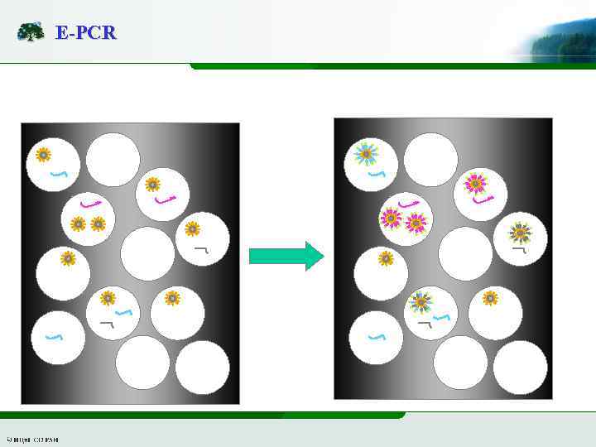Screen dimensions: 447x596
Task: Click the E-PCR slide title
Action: pos(85,33)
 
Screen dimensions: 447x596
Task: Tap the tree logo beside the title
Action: pos(31,32)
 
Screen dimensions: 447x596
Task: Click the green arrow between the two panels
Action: pos(286,256)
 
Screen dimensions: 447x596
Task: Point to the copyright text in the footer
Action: pos(32,439)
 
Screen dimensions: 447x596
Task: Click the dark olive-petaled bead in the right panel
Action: pos(520,233)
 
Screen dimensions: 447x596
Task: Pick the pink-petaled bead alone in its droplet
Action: pos(475,183)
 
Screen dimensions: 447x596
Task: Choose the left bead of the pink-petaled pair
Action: pos(390,219)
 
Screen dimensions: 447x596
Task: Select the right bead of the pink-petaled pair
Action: pos(416,222)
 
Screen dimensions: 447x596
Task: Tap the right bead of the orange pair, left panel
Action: pos(98,223)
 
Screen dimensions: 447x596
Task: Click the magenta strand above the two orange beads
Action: pos(90,203)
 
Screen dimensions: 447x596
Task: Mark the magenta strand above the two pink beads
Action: pos(408,203)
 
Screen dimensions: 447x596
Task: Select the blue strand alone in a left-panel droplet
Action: pos(54,337)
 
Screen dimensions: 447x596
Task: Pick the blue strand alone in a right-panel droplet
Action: pos(377,337)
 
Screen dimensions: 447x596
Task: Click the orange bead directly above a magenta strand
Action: pos(152,185)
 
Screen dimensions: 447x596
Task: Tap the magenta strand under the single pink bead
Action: pos(483,199)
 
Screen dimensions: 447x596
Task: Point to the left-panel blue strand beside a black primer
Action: pos(123,313)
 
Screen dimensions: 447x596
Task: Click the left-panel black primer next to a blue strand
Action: pos(106,323)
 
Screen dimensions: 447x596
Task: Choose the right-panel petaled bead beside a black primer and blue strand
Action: pos(421,302)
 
